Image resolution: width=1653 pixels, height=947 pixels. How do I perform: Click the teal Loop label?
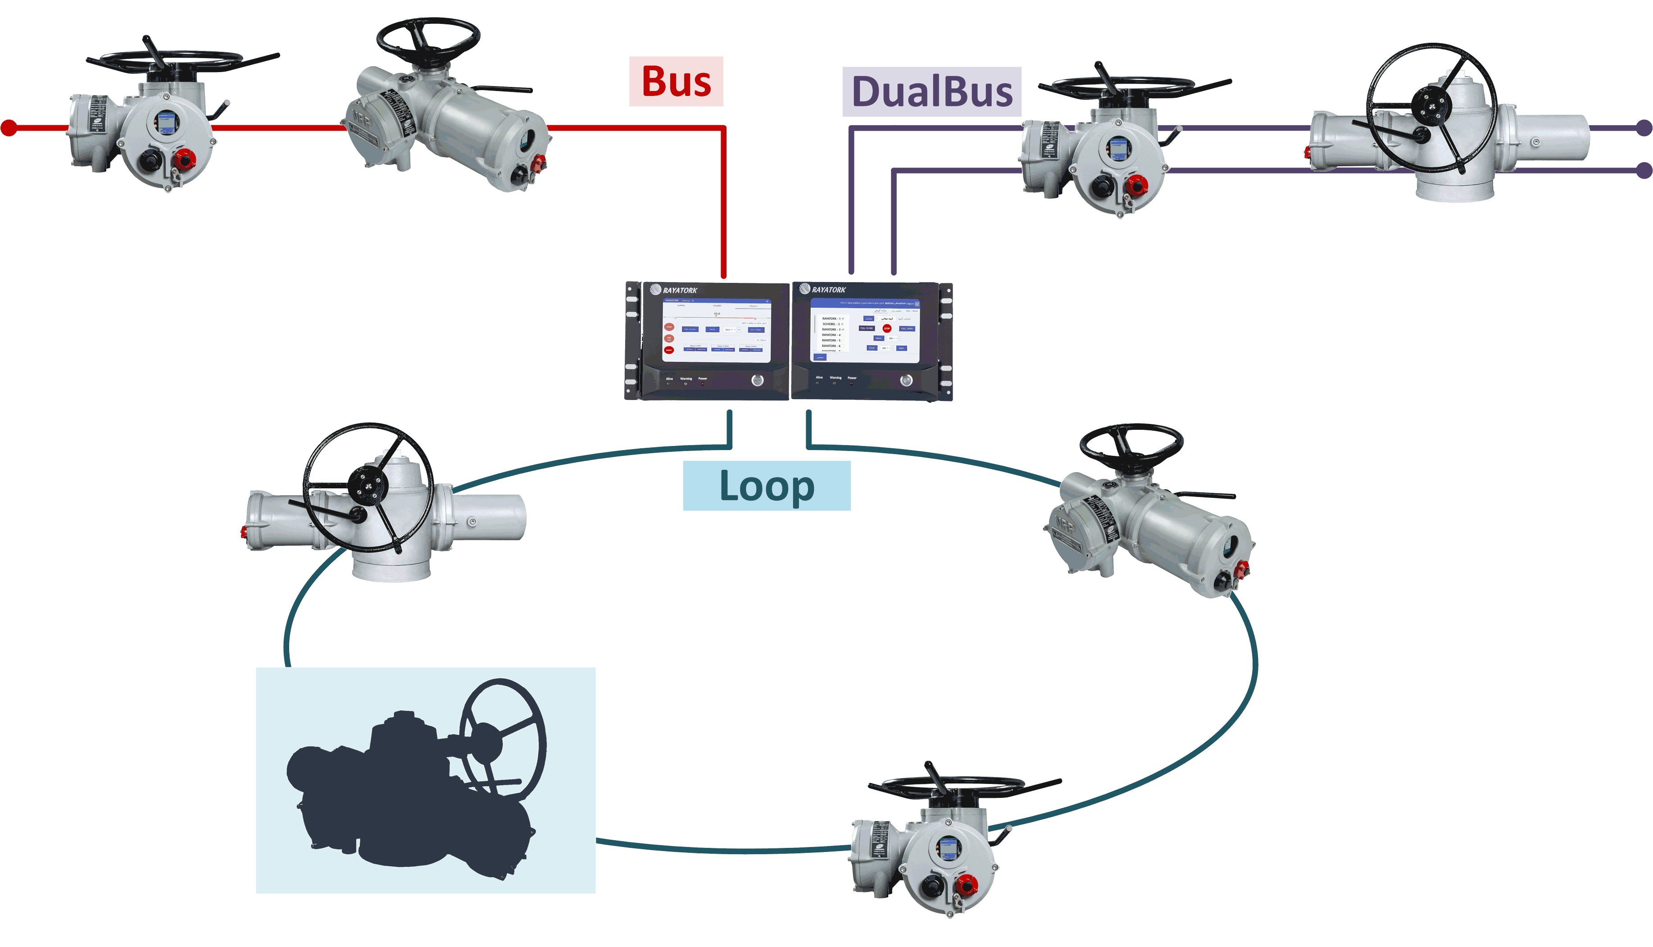pyautogui.click(x=766, y=486)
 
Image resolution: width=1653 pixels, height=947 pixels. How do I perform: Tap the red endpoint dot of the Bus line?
pyautogui.click(x=9, y=127)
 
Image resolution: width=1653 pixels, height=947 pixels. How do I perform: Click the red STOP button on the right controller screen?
pyautogui.click(x=886, y=328)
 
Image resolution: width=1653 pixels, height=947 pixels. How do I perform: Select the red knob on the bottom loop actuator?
pyautogui.click(x=965, y=884)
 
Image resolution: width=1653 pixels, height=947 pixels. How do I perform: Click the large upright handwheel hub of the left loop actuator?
pyautogui.click(x=368, y=485)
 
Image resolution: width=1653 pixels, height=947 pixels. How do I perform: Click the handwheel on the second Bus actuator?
pyautogui.click(x=428, y=39)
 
